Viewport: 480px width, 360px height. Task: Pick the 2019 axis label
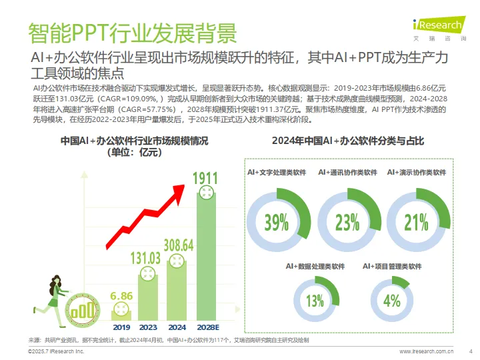(121, 327)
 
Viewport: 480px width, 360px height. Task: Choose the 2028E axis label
(207, 327)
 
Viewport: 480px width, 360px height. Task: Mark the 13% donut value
(315, 301)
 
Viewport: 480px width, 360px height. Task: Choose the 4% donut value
(392, 301)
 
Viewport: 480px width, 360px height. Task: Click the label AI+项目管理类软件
(392, 266)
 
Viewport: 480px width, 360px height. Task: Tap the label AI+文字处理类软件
(277, 172)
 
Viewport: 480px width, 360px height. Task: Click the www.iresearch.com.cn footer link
(427, 351)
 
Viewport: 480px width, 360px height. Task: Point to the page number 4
(471, 351)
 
